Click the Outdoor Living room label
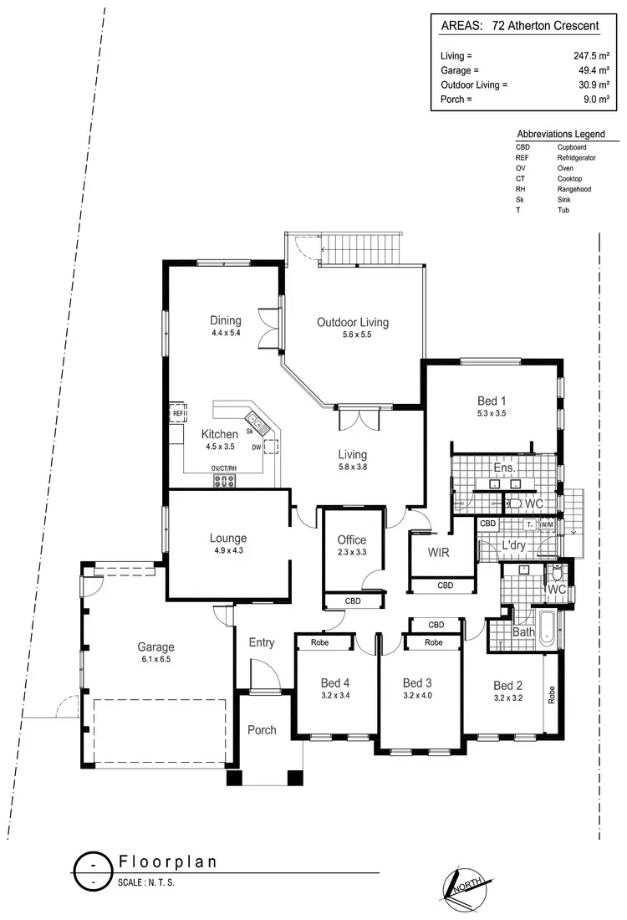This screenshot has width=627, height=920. [352, 322]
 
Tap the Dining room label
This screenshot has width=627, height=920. [226, 320]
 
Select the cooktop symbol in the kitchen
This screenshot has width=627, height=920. [225, 480]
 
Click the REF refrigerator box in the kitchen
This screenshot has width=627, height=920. [178, 412]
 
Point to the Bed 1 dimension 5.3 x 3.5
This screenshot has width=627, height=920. [491, 412]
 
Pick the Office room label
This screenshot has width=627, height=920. [351, 540]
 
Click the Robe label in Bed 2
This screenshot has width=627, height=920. [551, 695]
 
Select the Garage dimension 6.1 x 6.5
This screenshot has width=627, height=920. [155, 660]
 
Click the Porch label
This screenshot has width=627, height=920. [262, 730]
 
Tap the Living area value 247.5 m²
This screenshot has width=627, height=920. [582, 55]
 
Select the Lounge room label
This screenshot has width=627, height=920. [228, 539]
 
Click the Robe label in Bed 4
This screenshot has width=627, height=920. [319, 643]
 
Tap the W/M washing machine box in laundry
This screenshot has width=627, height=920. [548, 524]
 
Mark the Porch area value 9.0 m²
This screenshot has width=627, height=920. [587, 100]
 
